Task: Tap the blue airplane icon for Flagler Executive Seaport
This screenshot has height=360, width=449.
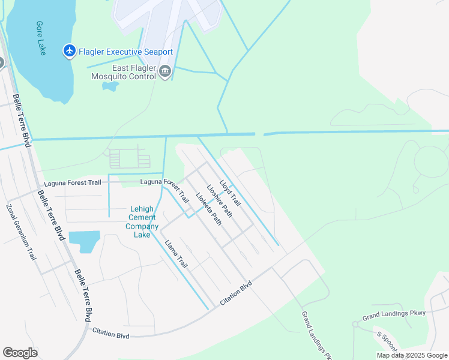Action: click(x=69, y=51)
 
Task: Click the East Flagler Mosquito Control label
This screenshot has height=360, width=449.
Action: click(x=120, y=72)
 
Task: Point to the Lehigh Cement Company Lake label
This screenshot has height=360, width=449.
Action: click(x=142, y=221)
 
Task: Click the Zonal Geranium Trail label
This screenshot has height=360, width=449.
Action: click(x=22, y=232)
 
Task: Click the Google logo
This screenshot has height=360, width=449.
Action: click(x=20, y=353)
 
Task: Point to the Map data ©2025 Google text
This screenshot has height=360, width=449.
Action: click(x=412, y=355)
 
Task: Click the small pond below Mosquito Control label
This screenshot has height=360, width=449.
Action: click(x=110, y=86)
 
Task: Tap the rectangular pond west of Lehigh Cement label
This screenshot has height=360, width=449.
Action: click(x=84, y=241)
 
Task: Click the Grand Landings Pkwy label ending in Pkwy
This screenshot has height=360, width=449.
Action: click(x=393, y=314)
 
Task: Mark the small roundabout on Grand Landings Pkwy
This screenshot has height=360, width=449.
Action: click(x=355, y=324)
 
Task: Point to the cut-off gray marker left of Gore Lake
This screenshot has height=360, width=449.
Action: click(x=1, y=62)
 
